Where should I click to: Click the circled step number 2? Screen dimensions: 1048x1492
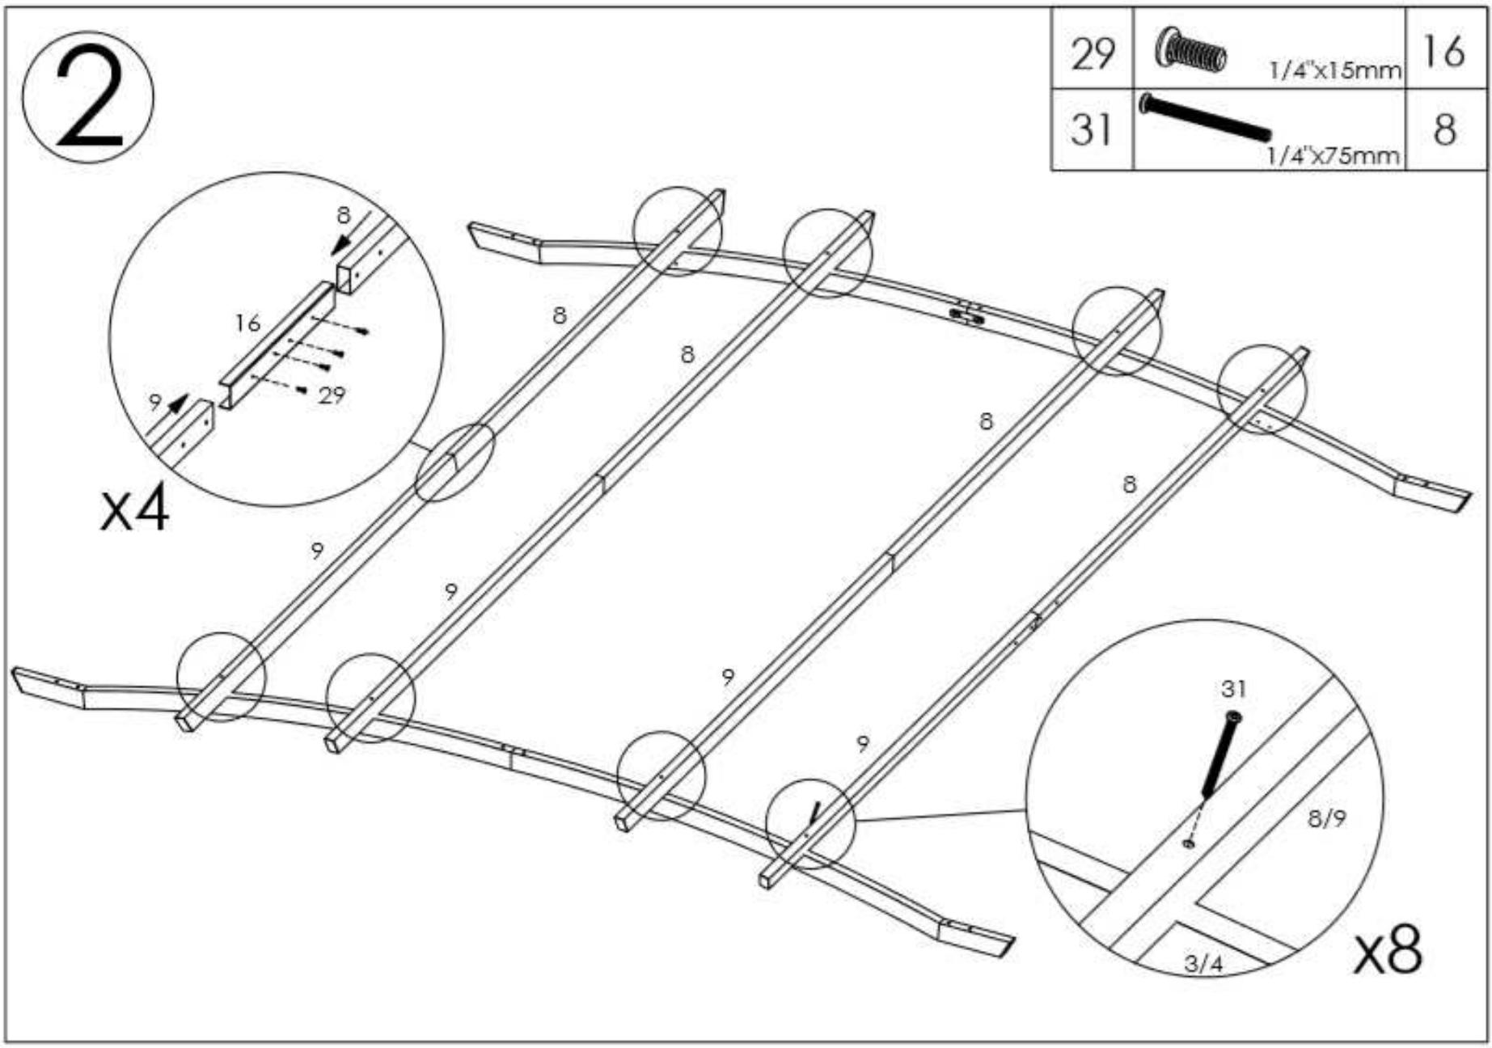tap(87, 98)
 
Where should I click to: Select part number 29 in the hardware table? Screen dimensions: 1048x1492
tap(1092, 53)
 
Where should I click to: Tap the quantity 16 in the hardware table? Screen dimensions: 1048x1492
tap(1443, 52)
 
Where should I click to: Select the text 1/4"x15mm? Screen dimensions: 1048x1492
tap(1335, 71)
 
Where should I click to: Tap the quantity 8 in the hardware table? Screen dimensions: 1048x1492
tap(1444, 129)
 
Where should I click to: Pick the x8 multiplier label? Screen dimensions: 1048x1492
tap(1388, 951)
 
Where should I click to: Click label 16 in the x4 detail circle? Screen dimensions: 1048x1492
tap(247, 323)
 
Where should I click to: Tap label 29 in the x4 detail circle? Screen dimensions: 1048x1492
tap(332, 395)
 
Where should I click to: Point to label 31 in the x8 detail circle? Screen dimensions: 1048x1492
tap(1233, 689)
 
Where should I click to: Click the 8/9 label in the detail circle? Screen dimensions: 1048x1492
tap(1327, 819)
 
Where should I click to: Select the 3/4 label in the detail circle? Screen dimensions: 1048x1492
tap(1203, 963)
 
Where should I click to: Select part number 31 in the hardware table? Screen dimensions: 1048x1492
tap(1092, 129)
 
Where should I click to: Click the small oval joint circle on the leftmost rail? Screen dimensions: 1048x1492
tap(454, 463)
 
